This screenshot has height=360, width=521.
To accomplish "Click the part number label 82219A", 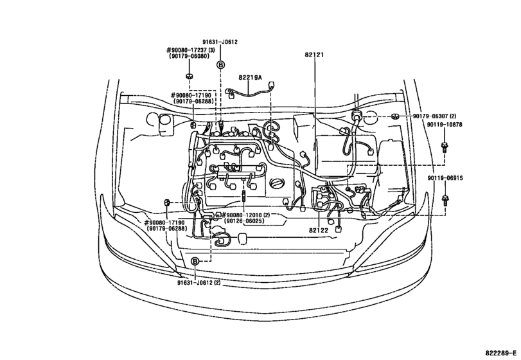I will click(x=251, y=78).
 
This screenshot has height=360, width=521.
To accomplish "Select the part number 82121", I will click(x=315, y=55).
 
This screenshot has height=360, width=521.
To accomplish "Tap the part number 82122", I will click(x=319, y=230).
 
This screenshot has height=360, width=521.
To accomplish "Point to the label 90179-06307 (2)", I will click(x=434, y=116).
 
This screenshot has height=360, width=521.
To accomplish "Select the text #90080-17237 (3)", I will click(x=190, y=50).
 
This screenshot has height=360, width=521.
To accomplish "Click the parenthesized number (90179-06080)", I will click(x=190, y=57).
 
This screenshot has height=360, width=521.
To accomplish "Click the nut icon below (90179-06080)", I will click(x=190, y=76).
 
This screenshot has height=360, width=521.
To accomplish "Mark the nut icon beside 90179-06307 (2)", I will click(x=394, y=116).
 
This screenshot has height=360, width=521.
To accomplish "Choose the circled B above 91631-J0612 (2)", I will click(x=195, y=261).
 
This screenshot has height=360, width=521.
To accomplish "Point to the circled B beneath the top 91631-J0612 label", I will click(x=220, y=65).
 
